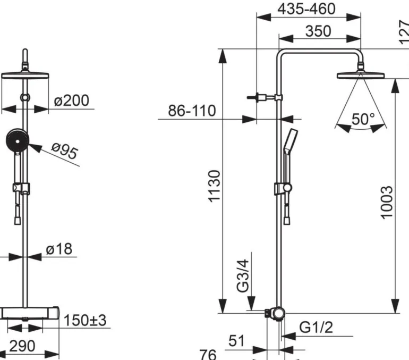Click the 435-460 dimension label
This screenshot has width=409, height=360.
point(306,9)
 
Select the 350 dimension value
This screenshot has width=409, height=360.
point(318,31)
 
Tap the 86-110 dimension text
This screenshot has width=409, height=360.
point(192,111)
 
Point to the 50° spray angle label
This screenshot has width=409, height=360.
point(363,119)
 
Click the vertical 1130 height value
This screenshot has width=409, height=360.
point(215,186)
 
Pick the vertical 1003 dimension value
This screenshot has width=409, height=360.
point(386,203)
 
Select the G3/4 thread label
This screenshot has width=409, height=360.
point(243,276)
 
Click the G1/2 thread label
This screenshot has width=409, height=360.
point(316,327)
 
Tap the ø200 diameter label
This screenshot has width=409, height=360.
point(72,101)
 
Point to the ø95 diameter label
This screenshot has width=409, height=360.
point(65,151)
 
